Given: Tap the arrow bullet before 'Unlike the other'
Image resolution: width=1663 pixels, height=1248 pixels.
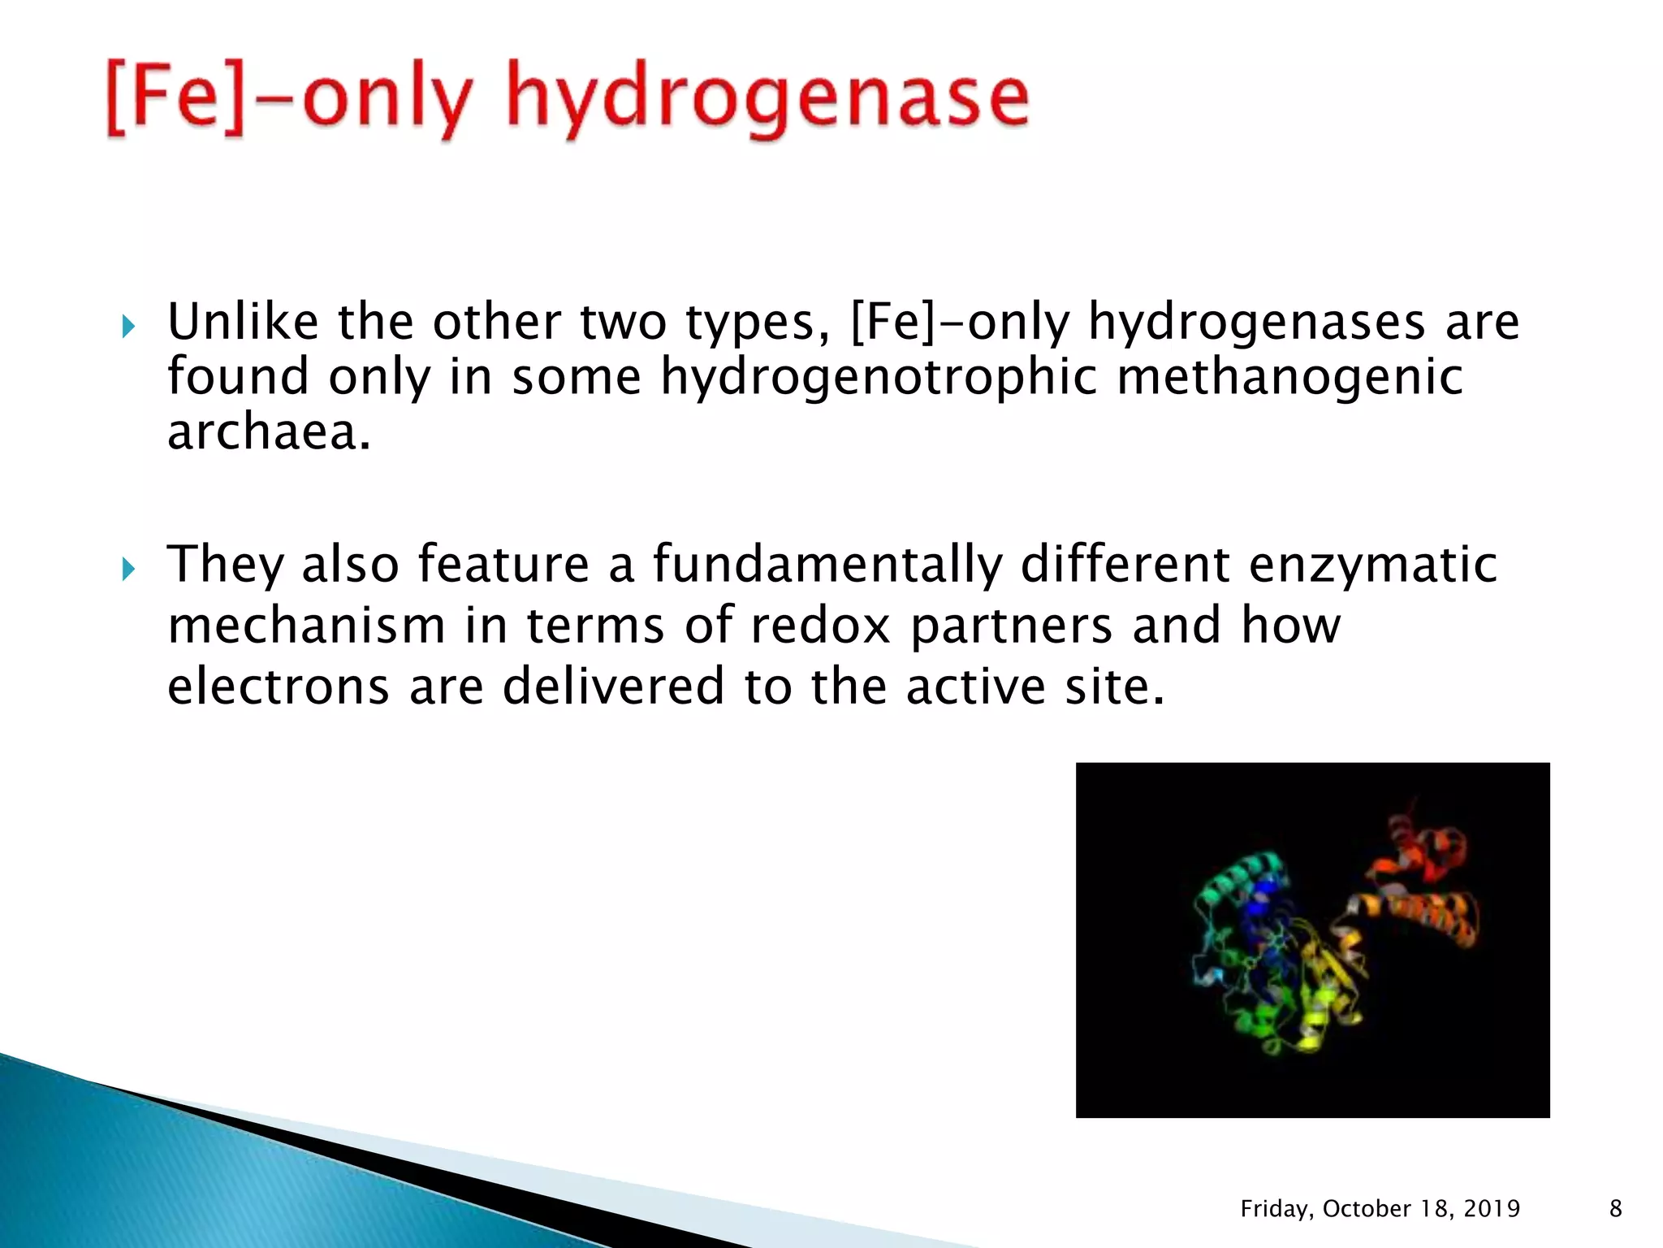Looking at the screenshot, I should (x=128, y=327).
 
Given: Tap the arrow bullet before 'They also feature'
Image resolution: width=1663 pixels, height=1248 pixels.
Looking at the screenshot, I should (x=128, y=569).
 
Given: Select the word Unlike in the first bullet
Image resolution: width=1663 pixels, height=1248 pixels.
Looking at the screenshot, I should (x=243, y=322).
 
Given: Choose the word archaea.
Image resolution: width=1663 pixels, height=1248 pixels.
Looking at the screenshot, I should (x=269, y=432).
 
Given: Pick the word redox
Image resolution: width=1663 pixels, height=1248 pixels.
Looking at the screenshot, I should (x=820, y=626).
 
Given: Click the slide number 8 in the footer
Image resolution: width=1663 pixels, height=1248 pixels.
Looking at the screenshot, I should (x=1615, y=1209).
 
